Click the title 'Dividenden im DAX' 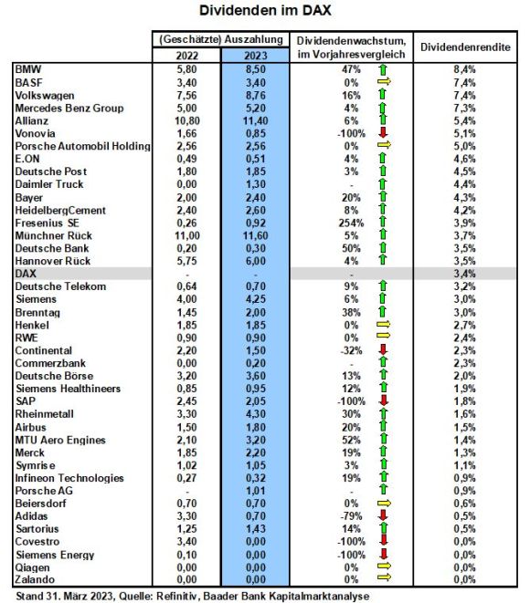tap(265, 10)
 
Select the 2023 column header tap(255, 56)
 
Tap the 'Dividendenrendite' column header tap(465, 47)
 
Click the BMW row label tap(28, 69)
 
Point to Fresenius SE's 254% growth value tap(351, 224)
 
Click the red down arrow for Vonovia tap(383, 132)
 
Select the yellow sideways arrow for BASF tap(384, 81)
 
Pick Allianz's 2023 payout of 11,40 tap(255, 120)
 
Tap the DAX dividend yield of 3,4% tap(464, 274)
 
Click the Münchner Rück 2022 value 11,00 tap(187, 235)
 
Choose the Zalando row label tap(35, 579)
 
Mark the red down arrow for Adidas tap(383, 515)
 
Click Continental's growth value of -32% tap(351, 350)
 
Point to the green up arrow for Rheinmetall tap(383, 413)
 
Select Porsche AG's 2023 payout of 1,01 tap(255, 491)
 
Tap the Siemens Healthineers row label tap(69, 389)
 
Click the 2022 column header tap(187, 56)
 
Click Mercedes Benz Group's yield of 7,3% tap(464, 108)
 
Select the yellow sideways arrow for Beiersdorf tap(384, 503)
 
